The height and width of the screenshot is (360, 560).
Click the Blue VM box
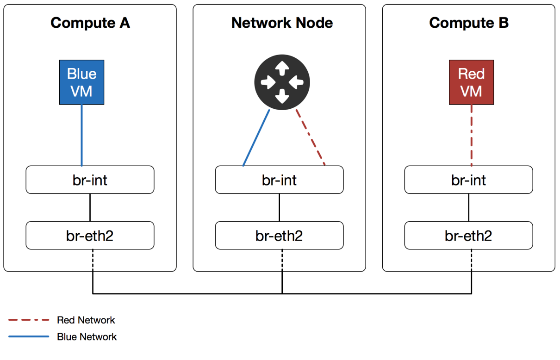(x=81, y=82)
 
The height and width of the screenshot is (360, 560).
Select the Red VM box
(x=471, y=82)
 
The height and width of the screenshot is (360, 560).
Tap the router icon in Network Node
(x=282, y=82)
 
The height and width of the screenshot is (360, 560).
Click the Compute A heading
(x=90, y=23)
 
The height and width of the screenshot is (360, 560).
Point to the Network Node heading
(x=282, y=23)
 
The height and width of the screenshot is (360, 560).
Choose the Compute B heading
(x=469, y=23)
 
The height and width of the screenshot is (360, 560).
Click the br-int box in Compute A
(x=90, y=180)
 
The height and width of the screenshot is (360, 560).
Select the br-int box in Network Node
(x=279, y=180)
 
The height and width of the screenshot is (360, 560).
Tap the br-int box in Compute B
(x=468, y=180)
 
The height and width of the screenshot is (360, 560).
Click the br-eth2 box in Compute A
(x=90, y=235)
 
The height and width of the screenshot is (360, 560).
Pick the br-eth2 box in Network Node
(x=279, y=235)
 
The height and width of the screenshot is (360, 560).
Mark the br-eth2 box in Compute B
(x=468, y=235)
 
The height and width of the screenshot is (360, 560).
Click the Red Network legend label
(x=86, y=320)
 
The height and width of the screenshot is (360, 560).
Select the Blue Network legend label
(x=87, y=337)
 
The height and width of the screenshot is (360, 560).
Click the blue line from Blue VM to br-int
(x=82, y=135)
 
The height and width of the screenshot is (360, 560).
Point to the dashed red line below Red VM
(x=472, y=135)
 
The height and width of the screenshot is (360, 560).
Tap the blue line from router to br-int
(x=256, y=138)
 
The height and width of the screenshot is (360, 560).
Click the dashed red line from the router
(x=310, y=137)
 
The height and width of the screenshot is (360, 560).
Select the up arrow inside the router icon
(x=282, y=68)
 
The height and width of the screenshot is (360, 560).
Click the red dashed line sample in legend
(x=29, y=320)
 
